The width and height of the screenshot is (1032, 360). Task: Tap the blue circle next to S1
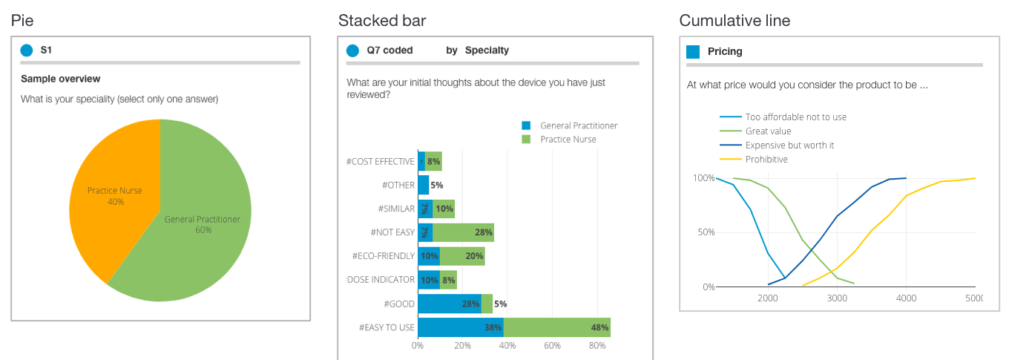point(27,50)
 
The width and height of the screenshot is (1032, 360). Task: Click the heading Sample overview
point(60,79)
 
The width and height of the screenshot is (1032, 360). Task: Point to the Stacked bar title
point(382,21)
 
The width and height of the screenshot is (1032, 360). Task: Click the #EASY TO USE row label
point(387,327)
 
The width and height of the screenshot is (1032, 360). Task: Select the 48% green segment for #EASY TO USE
point(557,327)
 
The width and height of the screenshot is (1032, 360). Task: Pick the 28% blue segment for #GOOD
point(450,304)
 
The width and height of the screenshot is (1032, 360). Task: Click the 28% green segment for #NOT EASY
point(463,232)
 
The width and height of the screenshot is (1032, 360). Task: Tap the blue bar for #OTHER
point(424,185)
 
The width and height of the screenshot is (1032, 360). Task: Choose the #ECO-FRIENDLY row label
point(383,256)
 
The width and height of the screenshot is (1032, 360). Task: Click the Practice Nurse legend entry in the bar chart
point(568,139)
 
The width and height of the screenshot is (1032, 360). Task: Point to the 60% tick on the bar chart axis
point(552,346)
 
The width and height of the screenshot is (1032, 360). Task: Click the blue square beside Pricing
point(693,51)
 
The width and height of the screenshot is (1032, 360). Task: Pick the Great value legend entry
point(768,131)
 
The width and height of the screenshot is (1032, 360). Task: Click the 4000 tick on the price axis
point(906,298)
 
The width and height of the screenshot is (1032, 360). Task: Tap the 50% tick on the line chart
point(703,232)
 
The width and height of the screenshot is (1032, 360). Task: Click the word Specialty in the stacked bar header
point(487,50)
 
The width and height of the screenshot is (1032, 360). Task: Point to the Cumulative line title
point(734,21)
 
